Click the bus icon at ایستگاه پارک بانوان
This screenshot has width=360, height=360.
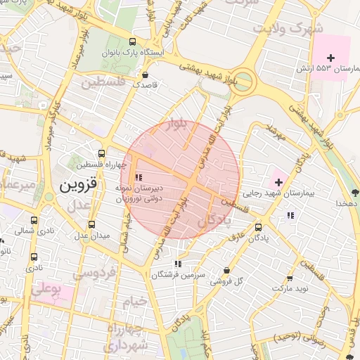(x=134, y=41)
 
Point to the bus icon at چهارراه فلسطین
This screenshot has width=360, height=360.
(x=102, y=153)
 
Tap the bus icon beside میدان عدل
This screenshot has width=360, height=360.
(x=91, y=224)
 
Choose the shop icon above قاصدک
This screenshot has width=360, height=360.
(x=146, y=75)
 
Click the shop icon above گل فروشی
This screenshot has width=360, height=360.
(x=226, y=269)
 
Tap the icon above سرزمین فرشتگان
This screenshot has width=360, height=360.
(x=177, y=264)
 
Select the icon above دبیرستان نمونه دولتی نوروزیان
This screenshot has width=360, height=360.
(x=139, y=177)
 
